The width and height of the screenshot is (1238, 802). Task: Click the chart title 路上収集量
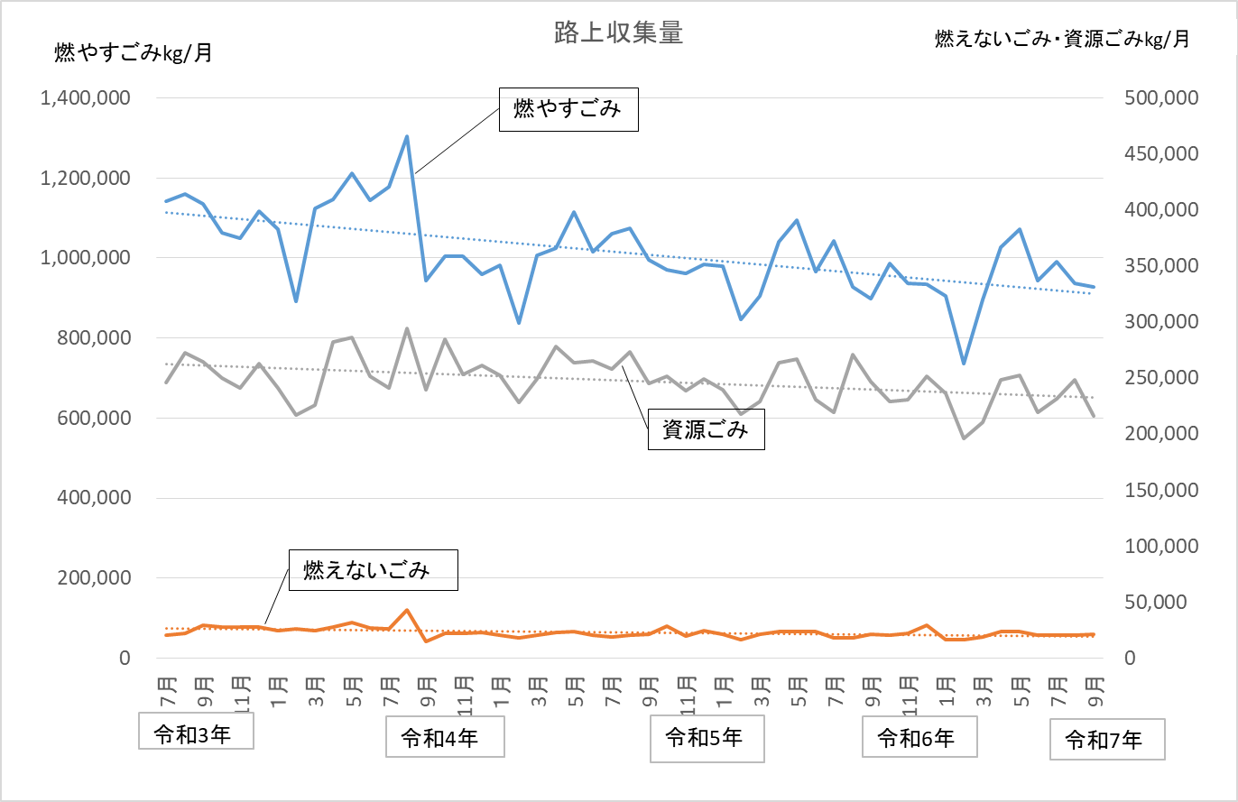tap(618, 33)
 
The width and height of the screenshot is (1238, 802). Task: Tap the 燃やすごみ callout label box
tap(568, 109)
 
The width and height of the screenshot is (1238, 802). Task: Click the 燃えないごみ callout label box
tap(373, 570)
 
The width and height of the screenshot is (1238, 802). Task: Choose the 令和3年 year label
tap(195, 732)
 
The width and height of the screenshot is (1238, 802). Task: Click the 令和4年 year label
tap(444, 739)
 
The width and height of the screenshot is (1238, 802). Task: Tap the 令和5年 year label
tap(707, 737)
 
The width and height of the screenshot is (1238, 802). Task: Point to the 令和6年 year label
tap(919, 738)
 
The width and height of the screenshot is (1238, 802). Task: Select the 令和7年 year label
tap(1106, 741)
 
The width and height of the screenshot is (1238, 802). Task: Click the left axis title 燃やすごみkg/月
tap(134, 53)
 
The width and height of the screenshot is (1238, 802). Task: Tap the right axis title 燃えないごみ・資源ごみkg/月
tap(1061, 39)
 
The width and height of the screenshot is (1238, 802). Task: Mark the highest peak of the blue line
tap(407, 137)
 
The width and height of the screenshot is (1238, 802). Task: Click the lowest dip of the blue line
tap(964, 364)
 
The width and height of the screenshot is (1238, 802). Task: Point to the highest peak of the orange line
tap(407, 611)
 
